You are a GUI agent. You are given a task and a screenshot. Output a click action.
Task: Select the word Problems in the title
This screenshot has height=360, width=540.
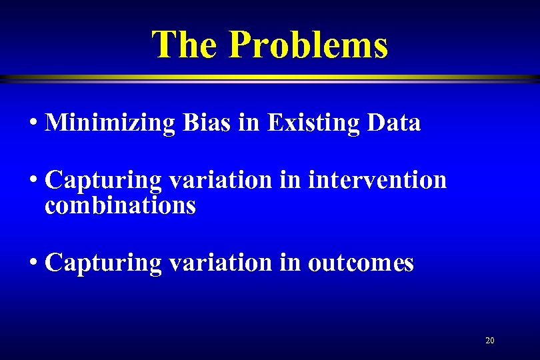308,45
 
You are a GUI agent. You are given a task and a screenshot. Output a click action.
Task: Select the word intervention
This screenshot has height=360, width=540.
377,180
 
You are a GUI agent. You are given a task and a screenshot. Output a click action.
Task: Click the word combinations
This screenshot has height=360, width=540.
120,205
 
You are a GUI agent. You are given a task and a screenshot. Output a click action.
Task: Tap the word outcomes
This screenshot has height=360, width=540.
361,263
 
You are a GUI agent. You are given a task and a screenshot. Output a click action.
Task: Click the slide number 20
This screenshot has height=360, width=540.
490,341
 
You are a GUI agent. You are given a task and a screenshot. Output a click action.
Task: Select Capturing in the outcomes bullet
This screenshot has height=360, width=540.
103,263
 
